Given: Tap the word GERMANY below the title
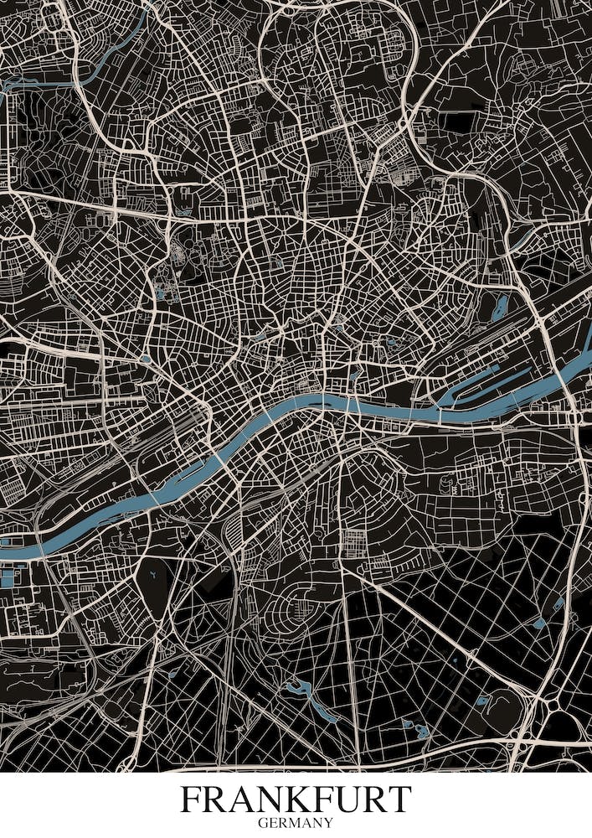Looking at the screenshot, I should click(x=296, y=823).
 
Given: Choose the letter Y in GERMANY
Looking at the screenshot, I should click(x=328, y=823).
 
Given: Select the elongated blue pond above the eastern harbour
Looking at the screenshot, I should click(x=502, y=307).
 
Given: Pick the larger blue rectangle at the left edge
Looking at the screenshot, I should click(x=9, y=577).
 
